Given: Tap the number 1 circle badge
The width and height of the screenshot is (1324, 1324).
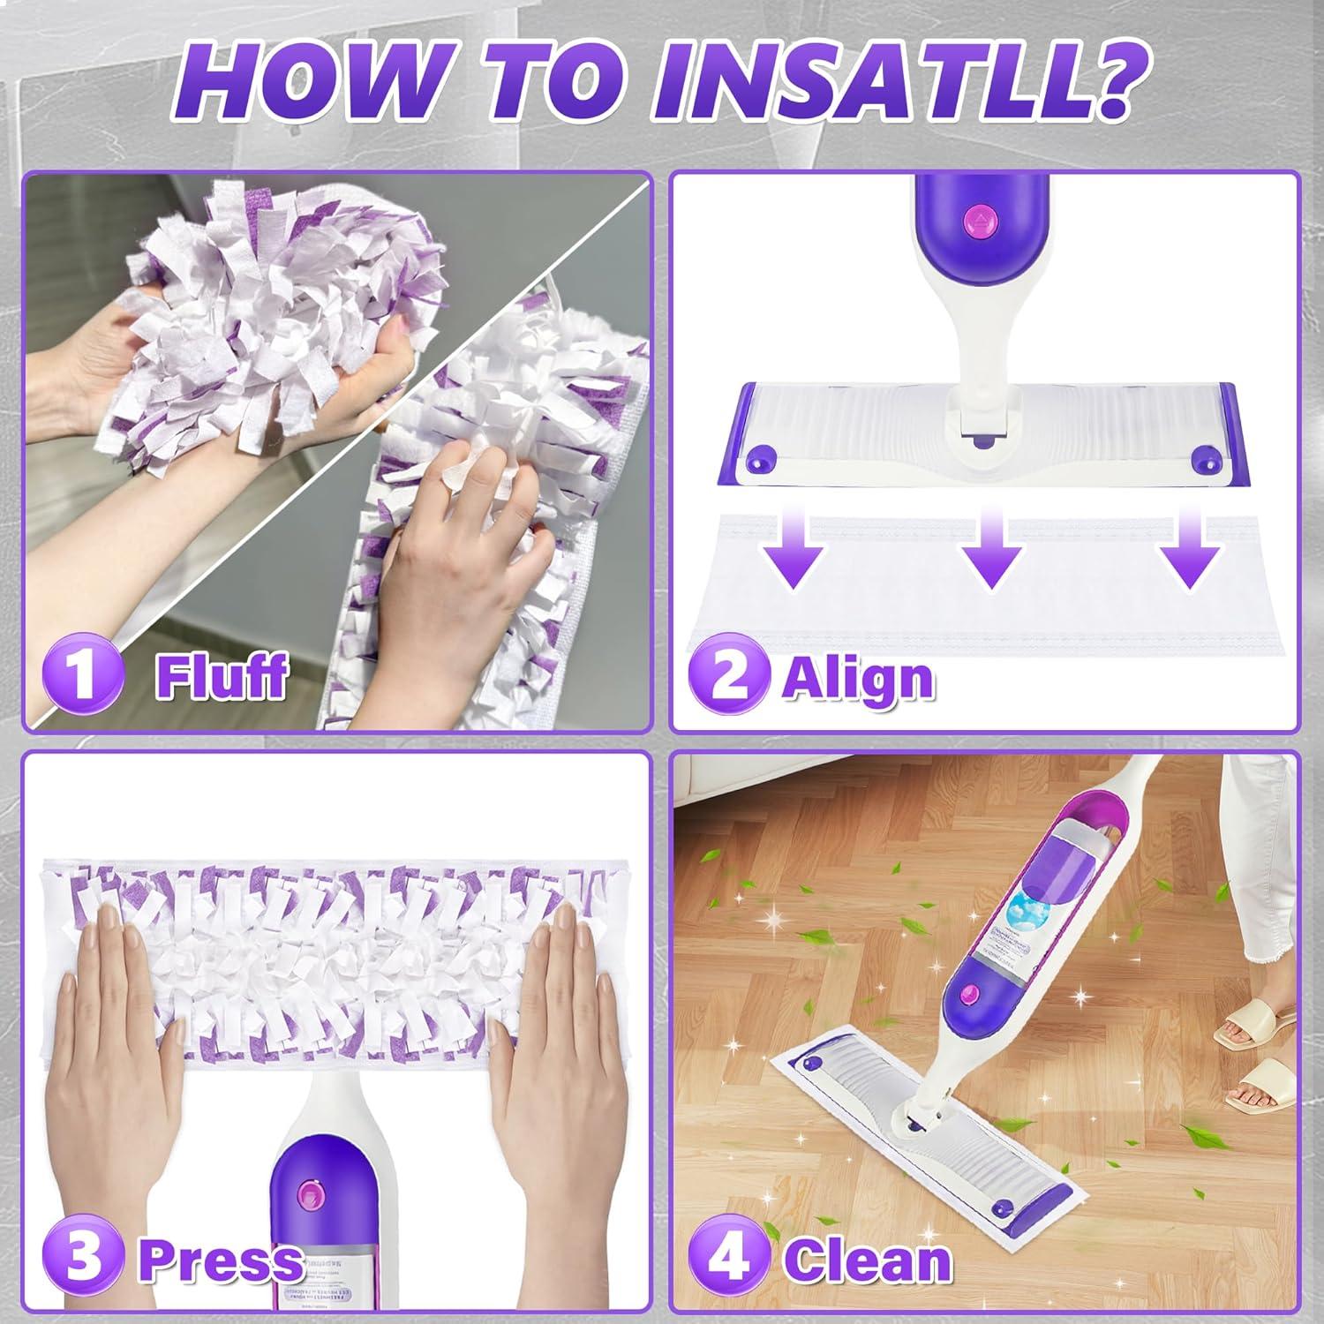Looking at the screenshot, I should point(83,675).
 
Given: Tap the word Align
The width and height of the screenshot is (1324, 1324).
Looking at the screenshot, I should point(858,680).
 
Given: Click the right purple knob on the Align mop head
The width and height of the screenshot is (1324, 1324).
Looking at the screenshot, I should point(1202,459).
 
